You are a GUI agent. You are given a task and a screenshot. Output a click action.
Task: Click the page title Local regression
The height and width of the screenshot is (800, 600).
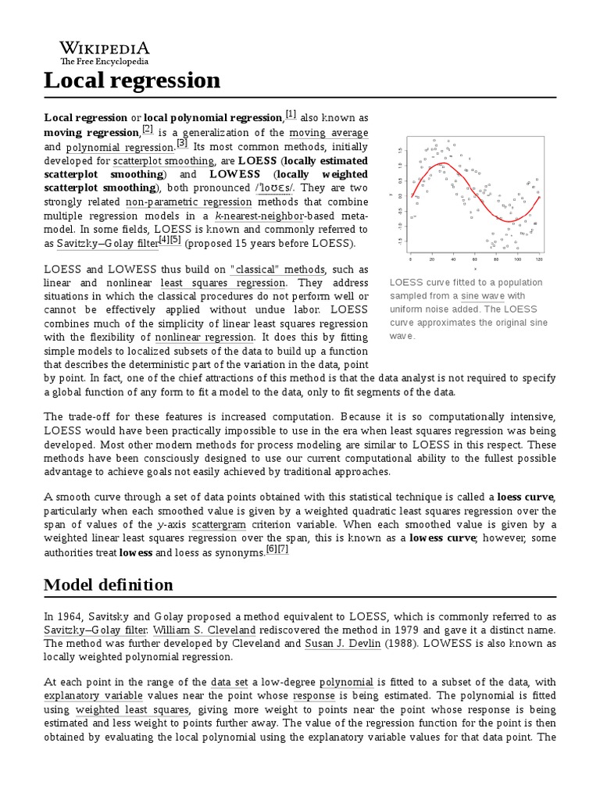click(x=132, y=80)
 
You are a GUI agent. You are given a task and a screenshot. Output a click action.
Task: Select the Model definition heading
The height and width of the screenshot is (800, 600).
click(x=109, y=585)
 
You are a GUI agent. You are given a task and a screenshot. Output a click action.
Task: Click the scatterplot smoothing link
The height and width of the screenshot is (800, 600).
click(x=163, y=160)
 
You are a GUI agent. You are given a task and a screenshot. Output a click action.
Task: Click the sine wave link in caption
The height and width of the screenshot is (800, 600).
click(x=482, y=296)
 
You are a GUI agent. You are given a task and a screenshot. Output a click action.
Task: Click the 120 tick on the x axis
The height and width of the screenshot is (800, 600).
click(x=538, y=259)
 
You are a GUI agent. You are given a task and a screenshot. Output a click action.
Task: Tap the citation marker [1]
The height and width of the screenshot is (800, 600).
click(x=291, y=115)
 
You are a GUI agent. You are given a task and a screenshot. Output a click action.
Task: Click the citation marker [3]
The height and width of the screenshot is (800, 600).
click(x=182, y=143)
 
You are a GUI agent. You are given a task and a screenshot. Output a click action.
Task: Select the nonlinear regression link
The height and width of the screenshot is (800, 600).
click(x=205, y=337)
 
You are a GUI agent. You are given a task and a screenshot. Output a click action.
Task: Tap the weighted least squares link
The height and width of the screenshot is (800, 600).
click(x=132, y=709)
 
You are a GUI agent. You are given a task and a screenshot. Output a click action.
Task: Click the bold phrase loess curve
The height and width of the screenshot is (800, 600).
click(x=526, y=497)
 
